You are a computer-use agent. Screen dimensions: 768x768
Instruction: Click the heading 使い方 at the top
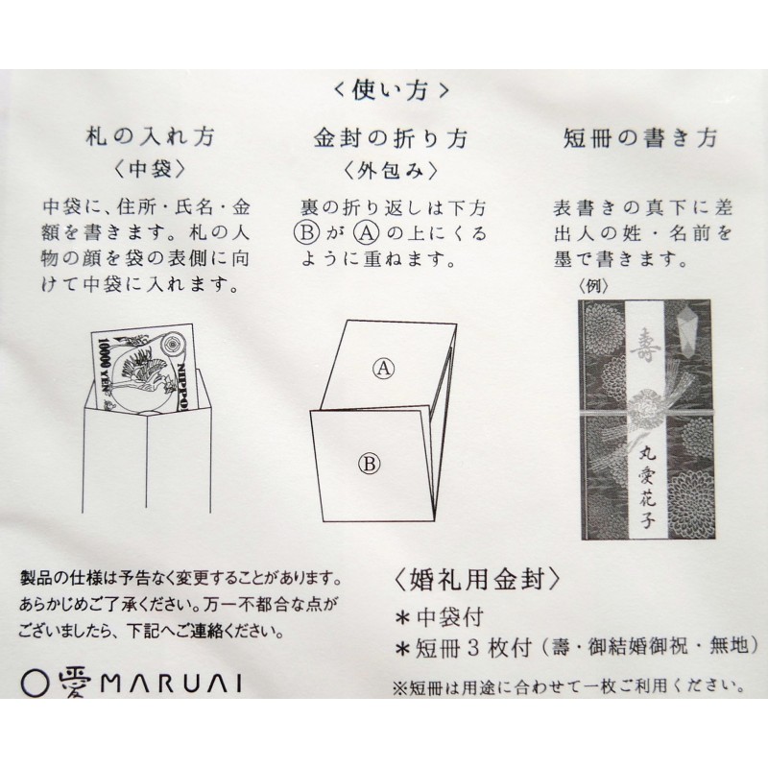click(x=391, y=90)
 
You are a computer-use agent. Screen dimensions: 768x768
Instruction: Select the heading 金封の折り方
click(x=391, y=138)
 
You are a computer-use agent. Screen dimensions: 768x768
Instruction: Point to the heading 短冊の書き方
click(x=639, y=138)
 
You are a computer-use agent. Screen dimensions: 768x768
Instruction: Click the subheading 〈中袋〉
click(x=151, y=169)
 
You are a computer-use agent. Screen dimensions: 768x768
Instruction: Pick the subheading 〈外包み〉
click(x=391, y=171)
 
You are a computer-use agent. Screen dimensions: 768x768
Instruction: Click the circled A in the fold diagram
click(x=383, y=368)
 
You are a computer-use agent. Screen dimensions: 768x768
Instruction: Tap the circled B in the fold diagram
click(x=370, y=464)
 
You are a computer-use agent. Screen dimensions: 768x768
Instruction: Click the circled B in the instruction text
click(x=307, y=233)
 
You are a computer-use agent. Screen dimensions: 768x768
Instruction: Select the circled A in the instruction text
click(x=367, y=233)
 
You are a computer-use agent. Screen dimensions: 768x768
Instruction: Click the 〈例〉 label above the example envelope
click(x=593, y=286)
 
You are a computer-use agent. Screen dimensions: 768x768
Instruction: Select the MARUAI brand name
click(x=172, y=684)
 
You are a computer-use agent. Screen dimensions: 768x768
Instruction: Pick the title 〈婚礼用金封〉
click(x=476, y=581)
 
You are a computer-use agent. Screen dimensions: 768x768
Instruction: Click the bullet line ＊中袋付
click(x=440, y=617)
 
